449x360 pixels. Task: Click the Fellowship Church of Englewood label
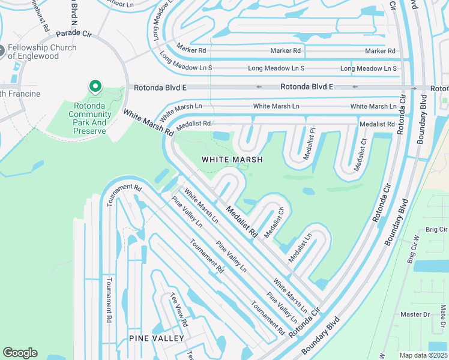(42, 52)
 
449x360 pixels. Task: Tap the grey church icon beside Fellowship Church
(2, 51)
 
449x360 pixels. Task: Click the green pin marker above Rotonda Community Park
(95, 87)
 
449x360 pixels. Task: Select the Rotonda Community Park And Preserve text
(86, 114)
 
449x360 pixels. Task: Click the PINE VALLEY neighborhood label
(156, 338)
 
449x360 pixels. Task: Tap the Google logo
(20, 353)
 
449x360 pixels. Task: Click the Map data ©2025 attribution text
(423, 355)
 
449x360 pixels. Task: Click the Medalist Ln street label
(300, 247)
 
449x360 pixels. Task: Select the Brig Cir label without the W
(436, 230)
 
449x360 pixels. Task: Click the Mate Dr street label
(444, 316)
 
